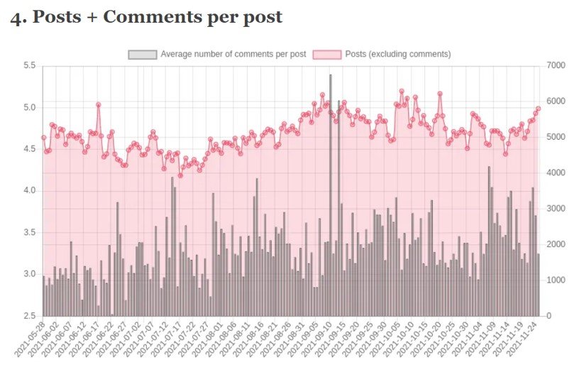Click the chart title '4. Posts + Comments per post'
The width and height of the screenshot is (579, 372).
146,17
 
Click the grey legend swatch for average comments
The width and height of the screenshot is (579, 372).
142,54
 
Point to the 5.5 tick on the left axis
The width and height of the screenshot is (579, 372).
29,66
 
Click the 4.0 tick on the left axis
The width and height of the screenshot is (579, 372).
29,191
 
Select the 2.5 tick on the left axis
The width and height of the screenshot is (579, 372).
29,316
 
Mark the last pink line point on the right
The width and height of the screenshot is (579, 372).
539,109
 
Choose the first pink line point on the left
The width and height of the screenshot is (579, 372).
43,138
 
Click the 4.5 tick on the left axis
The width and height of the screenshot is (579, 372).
29,149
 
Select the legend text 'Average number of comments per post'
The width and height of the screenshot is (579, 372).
233,54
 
